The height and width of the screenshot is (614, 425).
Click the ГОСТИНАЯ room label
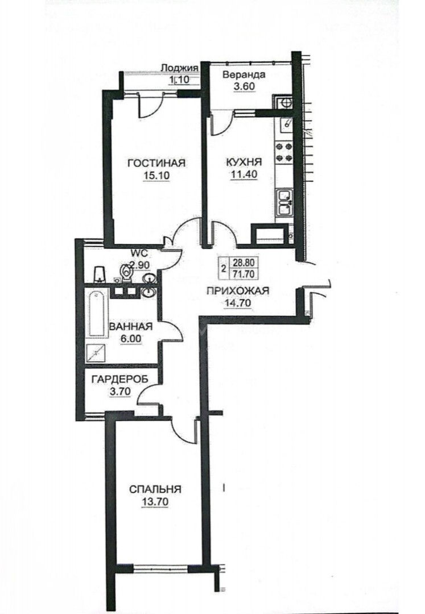click(156, 163)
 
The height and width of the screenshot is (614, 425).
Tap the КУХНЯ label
click(244, 162)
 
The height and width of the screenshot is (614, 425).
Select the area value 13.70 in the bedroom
click(156, 501)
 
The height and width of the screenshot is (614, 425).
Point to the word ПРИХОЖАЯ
click(238, 291)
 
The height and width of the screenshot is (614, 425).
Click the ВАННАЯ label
click(131, 326)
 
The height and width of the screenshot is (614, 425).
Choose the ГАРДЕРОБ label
click(120, 379)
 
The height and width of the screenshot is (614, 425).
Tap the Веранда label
click(244, 75)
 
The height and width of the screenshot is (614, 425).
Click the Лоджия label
click(180, 68)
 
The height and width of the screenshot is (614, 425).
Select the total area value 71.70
click(244, 274)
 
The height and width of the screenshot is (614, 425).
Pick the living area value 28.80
click(244, 264)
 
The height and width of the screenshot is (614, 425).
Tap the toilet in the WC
click(126, 272)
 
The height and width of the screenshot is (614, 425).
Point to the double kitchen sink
click(284, 203)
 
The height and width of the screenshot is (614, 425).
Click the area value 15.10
click(156, 176)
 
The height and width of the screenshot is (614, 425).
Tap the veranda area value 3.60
click(244, 87)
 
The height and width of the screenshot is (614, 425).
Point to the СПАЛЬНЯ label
click(155, 489)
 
